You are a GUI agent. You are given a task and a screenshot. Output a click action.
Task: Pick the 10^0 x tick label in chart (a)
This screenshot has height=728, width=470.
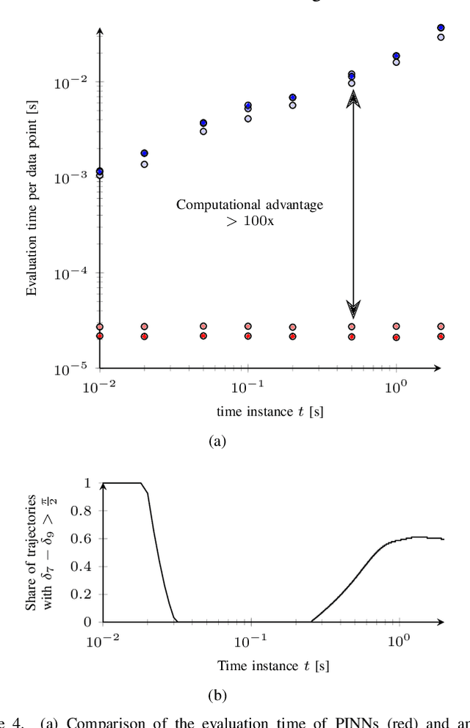397,387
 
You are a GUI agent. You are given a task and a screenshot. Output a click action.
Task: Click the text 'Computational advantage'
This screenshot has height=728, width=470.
249,205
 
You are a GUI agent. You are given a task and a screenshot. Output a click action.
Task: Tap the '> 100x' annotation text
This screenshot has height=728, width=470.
250,220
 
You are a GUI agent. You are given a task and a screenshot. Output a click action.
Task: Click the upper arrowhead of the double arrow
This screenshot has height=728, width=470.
353,98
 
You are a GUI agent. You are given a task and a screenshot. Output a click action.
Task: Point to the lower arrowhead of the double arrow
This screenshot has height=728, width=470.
353,306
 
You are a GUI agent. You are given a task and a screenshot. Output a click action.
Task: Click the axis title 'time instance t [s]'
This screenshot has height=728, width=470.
270,411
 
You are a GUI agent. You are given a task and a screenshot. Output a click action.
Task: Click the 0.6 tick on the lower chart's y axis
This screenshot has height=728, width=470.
87,539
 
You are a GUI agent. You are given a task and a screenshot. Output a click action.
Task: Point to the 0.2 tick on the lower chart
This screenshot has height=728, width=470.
87,595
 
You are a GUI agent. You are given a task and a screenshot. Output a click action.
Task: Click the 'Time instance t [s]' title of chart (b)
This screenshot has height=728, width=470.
263,666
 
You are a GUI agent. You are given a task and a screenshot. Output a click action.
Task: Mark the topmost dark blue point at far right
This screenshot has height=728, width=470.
441,28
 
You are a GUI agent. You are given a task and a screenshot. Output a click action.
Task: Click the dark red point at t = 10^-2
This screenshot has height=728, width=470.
100,336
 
